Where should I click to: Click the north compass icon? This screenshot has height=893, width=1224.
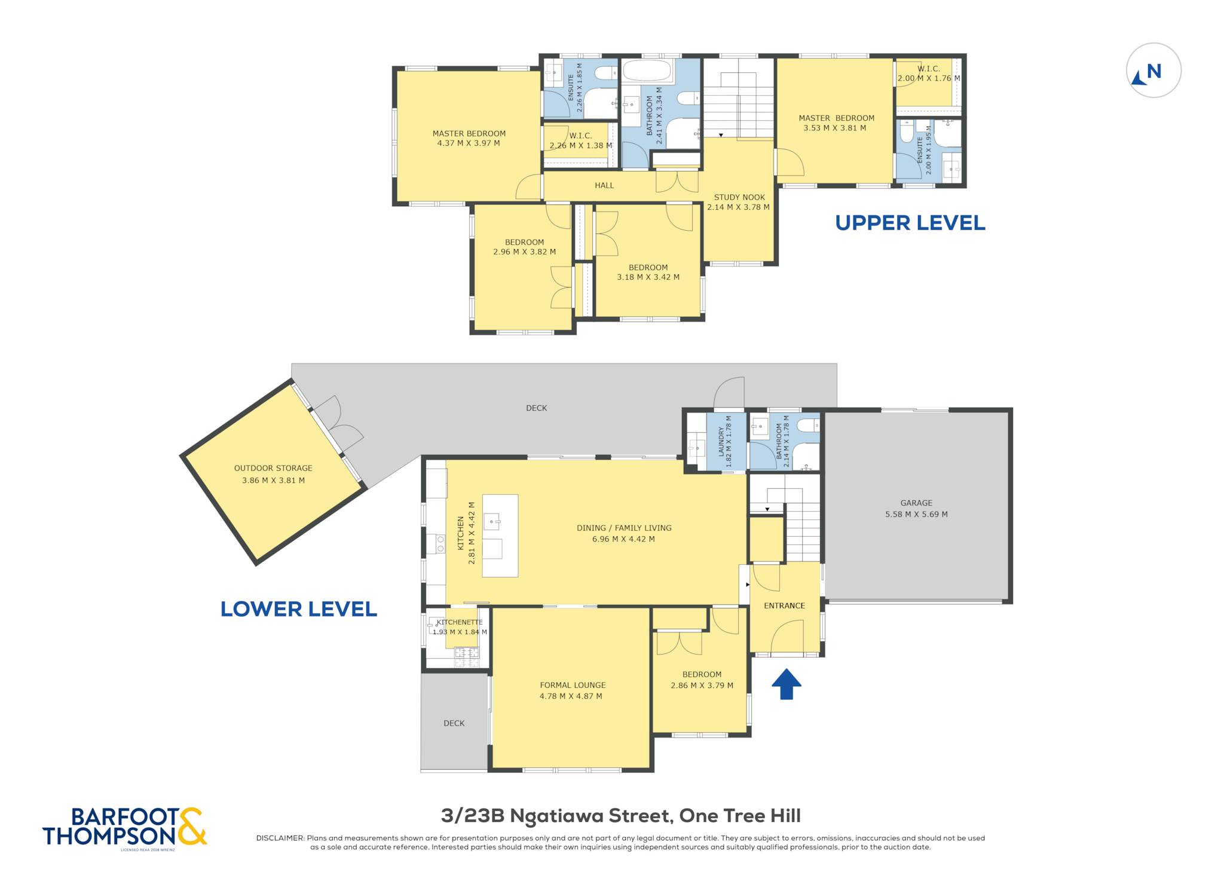coord(1153,71)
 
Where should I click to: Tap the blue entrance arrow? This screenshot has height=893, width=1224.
coord(786,684)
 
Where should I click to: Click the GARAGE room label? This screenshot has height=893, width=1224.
coord(916,503)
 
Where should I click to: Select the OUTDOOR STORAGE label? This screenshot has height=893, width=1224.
coord(273,468)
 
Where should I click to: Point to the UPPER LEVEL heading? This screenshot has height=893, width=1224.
coord(910,223)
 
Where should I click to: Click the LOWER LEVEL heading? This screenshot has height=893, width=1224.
coord(298,609)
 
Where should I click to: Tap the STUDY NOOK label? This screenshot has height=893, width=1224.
coord(739,197)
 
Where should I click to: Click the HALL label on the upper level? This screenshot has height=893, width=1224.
coord(604,185)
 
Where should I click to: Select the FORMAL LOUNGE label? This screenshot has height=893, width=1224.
coord(573,685)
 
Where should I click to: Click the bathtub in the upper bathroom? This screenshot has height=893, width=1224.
coord(648,71)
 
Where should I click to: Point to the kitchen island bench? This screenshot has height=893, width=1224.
coord(500,536)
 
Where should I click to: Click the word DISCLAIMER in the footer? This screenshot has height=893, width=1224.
coord(280,838)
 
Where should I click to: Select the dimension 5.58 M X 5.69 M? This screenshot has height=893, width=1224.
coord(916,514)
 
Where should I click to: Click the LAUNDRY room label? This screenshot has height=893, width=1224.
coord(721,442)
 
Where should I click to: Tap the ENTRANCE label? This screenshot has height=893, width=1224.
coord(784,605)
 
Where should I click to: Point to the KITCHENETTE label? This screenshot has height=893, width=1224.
coord(460,622)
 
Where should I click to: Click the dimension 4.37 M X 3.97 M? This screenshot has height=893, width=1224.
coord(469,143)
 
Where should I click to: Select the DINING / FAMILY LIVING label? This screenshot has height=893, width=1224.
coord(624,528)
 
